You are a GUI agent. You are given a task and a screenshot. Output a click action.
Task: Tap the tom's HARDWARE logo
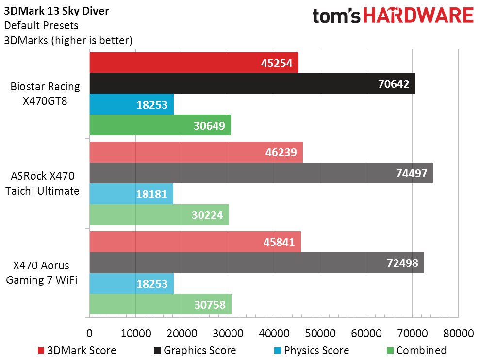393,16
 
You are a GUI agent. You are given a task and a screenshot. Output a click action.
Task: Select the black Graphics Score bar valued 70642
252,83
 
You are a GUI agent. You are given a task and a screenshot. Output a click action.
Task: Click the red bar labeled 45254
194,63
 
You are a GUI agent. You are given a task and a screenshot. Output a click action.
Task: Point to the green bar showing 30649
160,125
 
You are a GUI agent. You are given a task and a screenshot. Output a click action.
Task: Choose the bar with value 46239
196,152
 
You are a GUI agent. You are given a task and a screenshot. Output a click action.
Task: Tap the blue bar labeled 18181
131,194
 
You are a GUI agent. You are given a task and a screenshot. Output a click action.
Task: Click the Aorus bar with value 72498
257,263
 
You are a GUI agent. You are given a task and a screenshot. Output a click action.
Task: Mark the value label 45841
278,242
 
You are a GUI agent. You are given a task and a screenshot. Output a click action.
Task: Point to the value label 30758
209,305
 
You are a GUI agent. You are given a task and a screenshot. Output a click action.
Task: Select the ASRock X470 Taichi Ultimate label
42,183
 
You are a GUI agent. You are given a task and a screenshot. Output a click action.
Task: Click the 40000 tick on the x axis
274,334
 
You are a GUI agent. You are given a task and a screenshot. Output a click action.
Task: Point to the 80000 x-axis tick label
458,334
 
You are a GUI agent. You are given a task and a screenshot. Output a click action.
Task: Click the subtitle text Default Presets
41,26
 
